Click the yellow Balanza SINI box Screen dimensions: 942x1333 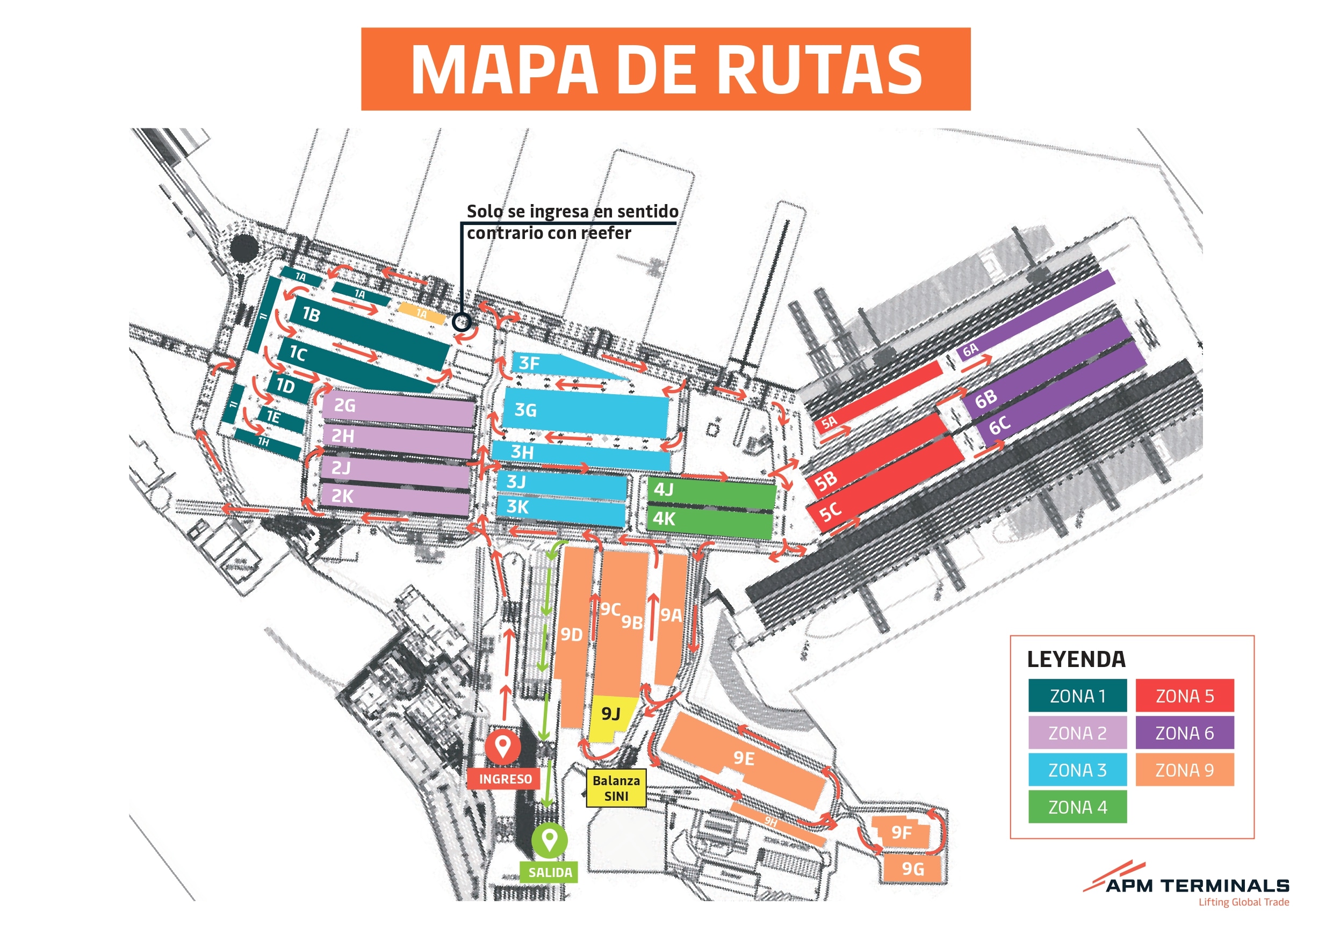pyautogui.click(x=615, y=788)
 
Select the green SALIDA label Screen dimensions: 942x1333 pyautogui.click(x=549, y=872)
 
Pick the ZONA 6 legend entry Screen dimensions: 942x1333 pyautogui.click(x=1184, y=733)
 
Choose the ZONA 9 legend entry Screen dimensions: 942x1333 pyautogui.click(x=1184, y=770)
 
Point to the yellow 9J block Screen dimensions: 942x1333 pyautogui.click(x=611, y=715)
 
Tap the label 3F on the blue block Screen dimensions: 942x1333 pyautogui.click(x=529, y=364)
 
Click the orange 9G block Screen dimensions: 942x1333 pyautogui.click(x=912, y=869)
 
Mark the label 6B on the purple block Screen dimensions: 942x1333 pyautogui.click(x=986, y=400)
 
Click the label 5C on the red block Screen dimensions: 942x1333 pyautogui.click(x=830, y=511)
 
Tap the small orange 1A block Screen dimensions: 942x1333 pyautogui.click(x=421, y=314)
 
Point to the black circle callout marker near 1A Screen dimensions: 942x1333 pyautogui.click(x=462, y=322)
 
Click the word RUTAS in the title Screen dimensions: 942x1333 pyautogui.click(x=823, y=70)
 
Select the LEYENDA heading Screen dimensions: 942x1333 pyautogui.click(x=1076, y=660)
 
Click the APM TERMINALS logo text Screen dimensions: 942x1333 pyautogui.click(x=1197, y=886)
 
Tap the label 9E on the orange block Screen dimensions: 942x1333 pyautogui.click(x=744, y=758)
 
